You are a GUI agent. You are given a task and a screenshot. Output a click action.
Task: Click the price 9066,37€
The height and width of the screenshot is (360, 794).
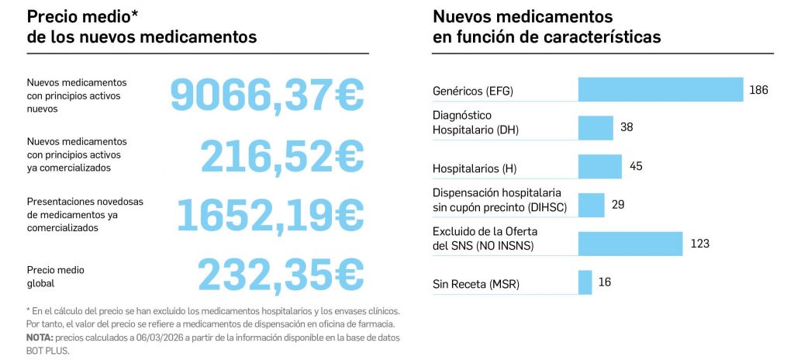(x=267, y=95)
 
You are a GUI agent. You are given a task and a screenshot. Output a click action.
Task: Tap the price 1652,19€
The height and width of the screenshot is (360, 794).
(x=271, y=214)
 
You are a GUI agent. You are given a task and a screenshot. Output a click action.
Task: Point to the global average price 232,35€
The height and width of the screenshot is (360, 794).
(x=280, y=274)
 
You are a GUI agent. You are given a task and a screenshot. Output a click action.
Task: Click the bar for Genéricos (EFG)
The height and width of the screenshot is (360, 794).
(x=661, y=90)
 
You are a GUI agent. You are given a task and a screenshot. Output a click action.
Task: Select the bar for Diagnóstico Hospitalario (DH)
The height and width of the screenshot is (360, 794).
(x=595, y=127)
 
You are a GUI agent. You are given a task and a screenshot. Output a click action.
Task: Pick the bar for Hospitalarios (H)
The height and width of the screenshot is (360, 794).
(x=599, y=166)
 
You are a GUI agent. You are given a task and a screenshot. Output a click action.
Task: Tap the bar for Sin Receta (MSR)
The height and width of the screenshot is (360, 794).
(x=585, y=282)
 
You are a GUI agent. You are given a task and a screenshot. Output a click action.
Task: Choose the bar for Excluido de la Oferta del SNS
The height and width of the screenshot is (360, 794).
(x=630, y=244)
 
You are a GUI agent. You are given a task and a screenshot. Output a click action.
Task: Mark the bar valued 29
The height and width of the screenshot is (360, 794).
(x=591, y=205)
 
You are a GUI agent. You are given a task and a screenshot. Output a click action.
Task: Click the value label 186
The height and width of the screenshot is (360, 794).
(x=758, y=91)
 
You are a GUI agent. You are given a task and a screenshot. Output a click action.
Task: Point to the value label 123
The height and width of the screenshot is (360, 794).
(x=699, y=244)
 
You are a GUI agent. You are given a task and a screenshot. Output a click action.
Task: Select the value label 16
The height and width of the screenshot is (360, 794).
(x=605, y=282)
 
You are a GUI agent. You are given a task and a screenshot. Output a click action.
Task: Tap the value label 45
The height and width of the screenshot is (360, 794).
(x=636, y=166)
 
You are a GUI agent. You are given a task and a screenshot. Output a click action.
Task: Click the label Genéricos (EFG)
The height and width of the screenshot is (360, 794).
(x=473, y=92)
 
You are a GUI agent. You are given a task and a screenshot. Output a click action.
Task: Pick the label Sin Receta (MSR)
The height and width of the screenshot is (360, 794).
(x=475, y=285)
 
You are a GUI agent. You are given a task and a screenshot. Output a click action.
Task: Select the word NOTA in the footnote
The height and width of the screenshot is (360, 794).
(x=40, y=339)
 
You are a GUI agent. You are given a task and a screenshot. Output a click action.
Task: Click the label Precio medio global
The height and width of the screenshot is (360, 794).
(x=55, y=276)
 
